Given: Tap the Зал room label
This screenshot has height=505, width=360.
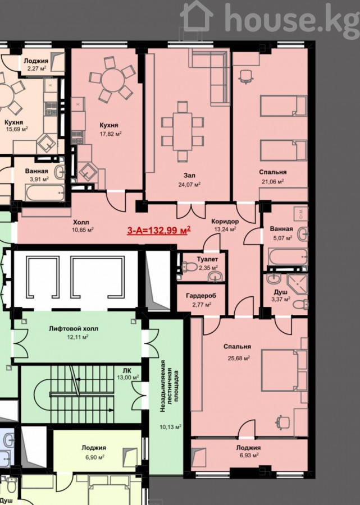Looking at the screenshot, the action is [189, 176].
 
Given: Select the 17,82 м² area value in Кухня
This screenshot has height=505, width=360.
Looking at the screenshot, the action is [111, 134].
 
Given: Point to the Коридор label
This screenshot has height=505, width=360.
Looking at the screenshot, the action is [225, 221].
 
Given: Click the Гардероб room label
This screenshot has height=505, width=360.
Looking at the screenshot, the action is [201, 296].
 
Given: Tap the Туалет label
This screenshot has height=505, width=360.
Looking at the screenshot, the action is [208, 259].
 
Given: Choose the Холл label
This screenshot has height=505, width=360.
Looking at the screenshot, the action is [81, 222].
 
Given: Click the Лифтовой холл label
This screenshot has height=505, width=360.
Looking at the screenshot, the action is [74, 329].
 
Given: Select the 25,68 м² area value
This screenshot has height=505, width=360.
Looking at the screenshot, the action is [239, 358].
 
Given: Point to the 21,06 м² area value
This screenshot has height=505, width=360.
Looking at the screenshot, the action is [272, 181].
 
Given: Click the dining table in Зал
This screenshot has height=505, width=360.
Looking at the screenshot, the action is [183, 131].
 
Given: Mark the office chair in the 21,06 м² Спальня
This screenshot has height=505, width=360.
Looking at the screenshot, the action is [246, 77].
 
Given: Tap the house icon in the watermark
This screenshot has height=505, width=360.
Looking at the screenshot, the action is [196, 16].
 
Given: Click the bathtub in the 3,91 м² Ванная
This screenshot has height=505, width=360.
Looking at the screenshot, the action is [45, 193].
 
